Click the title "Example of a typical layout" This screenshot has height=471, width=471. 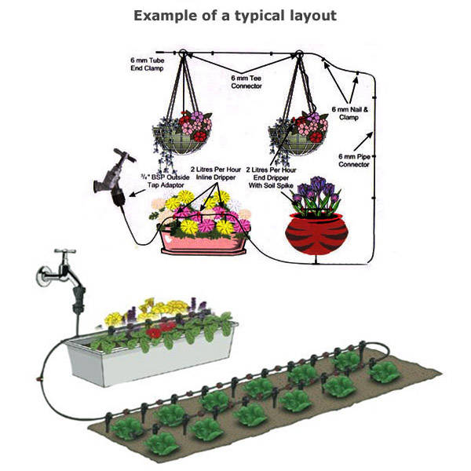point(235,16)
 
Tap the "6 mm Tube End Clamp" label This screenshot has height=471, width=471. point(146,64)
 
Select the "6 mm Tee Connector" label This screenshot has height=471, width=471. point(247,82)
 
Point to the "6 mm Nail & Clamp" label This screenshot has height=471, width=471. point(349,112)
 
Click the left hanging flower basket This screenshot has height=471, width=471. point(182,135)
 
